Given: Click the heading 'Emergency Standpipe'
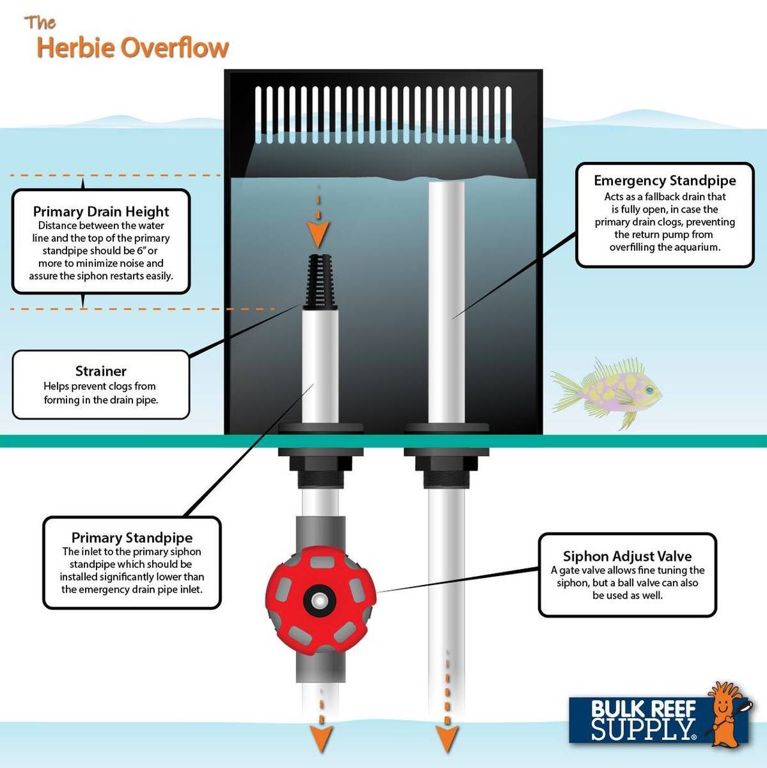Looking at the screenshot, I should [665, 180].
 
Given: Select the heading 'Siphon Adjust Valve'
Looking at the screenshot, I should [627, 556].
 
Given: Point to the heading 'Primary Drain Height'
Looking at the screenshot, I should [101, 211].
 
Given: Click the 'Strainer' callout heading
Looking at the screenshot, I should [100, 371].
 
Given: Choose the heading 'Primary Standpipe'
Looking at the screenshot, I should [132, 537].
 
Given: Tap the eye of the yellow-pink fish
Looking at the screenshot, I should [649, 388].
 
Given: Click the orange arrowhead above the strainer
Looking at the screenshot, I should [319, 234].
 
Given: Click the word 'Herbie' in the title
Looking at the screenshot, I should [75, 48].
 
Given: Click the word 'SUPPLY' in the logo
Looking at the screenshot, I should [642, 730].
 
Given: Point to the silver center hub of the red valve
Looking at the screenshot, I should [319, 599].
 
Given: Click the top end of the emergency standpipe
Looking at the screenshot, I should [447, 185].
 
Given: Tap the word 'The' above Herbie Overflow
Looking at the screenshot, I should [40, 23].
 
